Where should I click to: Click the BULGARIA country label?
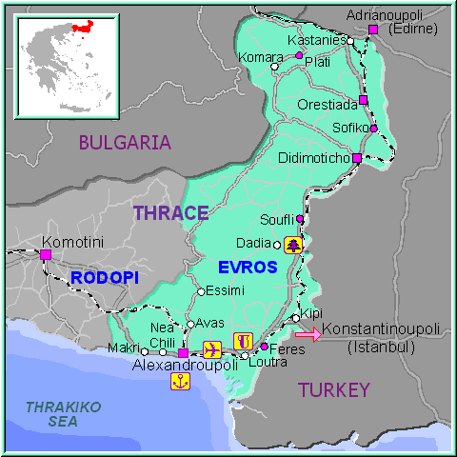pos(125,143)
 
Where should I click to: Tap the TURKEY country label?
pos(332,389)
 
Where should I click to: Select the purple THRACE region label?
pos(170,212)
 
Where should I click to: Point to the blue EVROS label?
pos(246,268)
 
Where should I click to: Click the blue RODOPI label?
pos(104,277)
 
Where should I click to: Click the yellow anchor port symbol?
pos(179,381)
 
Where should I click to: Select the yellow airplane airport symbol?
pos(211,345)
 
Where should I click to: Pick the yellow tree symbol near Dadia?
pos(292,245)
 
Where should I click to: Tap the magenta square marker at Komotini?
pos(45,254)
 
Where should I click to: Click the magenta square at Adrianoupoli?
pos(372,30)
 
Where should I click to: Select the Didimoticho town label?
pos(315,157)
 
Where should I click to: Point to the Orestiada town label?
pos(327,104)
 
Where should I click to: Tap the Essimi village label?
pos(226,289)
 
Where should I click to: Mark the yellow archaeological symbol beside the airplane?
pos(242,341)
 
